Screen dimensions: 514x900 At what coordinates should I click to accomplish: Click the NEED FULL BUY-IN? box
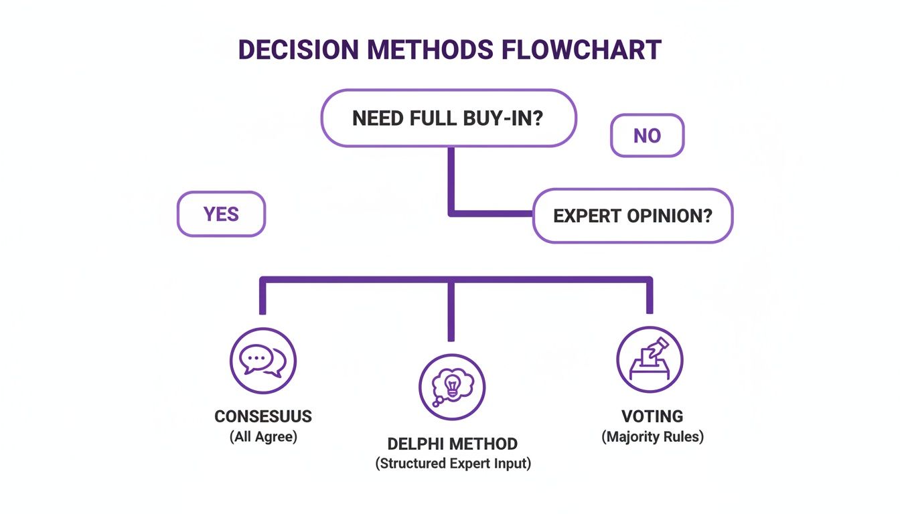point(448,118)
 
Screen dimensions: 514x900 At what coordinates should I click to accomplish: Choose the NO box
point(647,136)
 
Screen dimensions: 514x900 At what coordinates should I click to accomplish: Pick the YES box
point(221,214)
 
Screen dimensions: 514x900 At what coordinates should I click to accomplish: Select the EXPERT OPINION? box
point(633,216)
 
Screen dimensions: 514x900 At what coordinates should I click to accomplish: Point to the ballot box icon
point(649,359)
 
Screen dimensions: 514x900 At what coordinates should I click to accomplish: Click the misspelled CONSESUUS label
point(263,416)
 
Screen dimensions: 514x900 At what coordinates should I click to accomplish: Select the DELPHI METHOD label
point(453,444)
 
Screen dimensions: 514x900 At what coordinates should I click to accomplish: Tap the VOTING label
point(652,416)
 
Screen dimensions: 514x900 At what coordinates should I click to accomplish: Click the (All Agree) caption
point(263,437)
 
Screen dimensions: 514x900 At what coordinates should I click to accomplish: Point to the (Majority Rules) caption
point(652,437)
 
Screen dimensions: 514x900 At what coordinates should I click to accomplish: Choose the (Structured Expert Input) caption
point(453,464)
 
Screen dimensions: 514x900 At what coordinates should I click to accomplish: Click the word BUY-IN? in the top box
point(503,118)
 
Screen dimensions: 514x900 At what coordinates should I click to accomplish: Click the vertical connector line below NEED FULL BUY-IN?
point(451,177)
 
